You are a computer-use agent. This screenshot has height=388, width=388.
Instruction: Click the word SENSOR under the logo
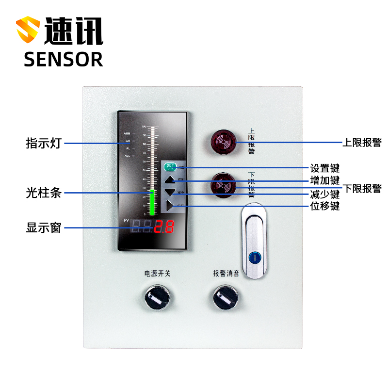pyautogui.click(x=64, y=59)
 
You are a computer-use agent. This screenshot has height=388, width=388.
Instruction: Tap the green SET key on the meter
pyautogui.click(x=170, y=167)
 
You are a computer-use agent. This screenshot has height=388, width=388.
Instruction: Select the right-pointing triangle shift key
pyautogui.click(x=170, y=206)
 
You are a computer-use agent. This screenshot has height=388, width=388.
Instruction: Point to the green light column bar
pyautogui.click(x=153, y=202)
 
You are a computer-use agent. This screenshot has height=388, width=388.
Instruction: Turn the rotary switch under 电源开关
pyautogui.click(x=157, y=296)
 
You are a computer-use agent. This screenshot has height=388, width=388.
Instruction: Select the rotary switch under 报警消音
pyautogui.click(x=226, y=296)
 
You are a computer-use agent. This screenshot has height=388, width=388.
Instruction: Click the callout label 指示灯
pyautogui.click(x=44, y=144)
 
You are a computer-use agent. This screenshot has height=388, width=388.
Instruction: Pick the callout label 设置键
pyautogui.click(x=325, y=168)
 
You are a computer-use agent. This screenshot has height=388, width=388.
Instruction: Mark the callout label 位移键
pyautogui.click(x=325, y=206)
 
